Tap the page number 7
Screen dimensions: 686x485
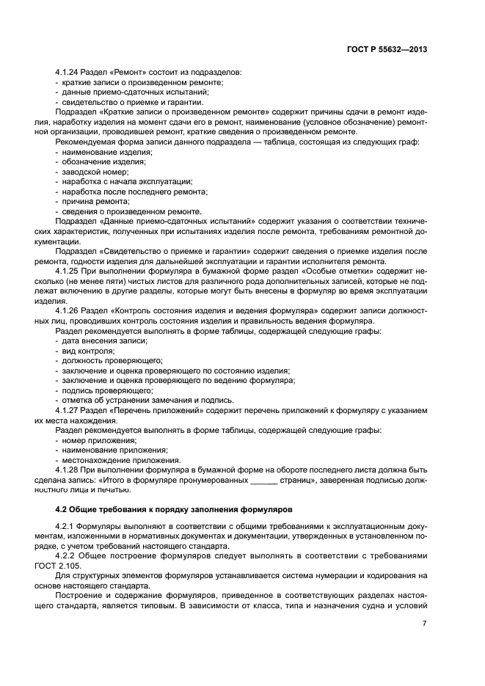tap(425, 623)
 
